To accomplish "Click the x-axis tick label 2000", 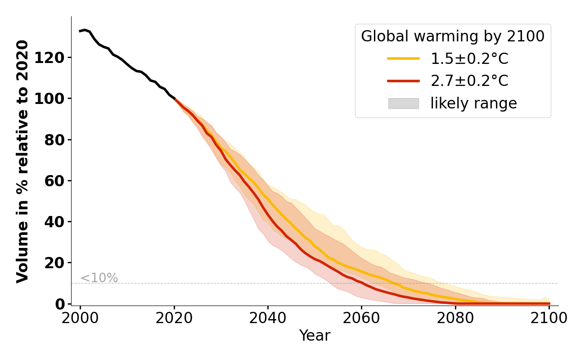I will point(81,318).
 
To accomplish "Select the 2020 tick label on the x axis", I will point(174,318).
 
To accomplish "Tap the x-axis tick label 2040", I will point(268,318).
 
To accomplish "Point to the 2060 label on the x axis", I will point(361,318).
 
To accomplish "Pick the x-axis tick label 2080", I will point(455,318).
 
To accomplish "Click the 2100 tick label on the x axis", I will point(549,318).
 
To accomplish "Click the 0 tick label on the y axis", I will point(60,304).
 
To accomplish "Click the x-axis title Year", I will point(315,336).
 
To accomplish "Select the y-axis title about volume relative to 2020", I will point(22,161).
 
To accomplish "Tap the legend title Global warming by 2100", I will point(453,36).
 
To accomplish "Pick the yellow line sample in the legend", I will point(403,58).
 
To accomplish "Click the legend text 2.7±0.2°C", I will point(469,81).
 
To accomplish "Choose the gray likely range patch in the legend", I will point(403,103).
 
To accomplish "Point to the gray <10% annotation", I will point(99,278).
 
